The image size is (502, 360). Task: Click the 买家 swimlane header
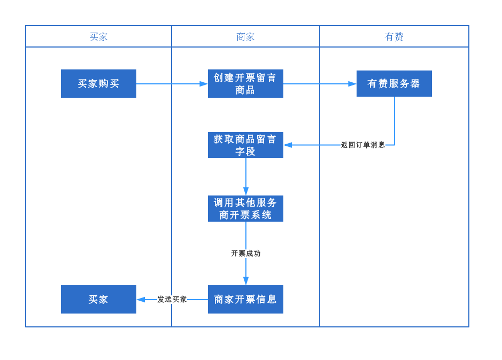tap(98, 37)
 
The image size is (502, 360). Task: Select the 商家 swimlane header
tap(245, 37)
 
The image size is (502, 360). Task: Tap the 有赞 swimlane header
tap(394, 37)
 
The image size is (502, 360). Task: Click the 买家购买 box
tap(98, 84)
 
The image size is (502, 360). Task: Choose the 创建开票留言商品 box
tap(245, 84)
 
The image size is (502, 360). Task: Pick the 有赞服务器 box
tap(394, 84)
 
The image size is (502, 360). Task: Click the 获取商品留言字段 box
tap(245, 145)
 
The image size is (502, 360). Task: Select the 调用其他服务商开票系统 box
tap(245, 209)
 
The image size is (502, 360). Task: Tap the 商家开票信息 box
tap(245, 300)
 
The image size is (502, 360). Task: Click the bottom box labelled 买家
tap(98, 300)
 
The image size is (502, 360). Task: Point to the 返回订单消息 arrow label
tap(363, 145)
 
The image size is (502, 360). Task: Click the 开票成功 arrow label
tap(246, 254)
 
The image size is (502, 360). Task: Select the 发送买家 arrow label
tap(172, 300)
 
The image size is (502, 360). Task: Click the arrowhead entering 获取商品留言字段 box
tap(288, 145)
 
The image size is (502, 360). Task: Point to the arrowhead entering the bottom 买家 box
tap(141, 300)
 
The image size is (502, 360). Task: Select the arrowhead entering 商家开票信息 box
tap(246, 281)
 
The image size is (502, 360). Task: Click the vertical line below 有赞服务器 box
tap(395, 120)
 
